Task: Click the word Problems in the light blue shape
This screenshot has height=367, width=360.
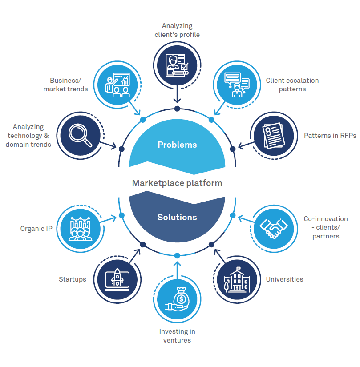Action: click(177, 145)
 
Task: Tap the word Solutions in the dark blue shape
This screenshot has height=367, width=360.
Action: click(177, 217)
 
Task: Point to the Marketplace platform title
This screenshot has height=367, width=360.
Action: click(177, 183)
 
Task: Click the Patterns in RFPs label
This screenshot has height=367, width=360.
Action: click(330, 136)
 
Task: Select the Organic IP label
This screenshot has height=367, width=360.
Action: click(36, 229)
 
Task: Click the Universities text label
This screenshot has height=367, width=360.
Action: click(284, 279)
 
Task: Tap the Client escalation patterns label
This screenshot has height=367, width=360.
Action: click(292, 85)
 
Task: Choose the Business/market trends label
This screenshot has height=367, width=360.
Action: click(65, 85)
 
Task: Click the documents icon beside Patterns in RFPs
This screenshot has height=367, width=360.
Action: click(273, 135)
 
